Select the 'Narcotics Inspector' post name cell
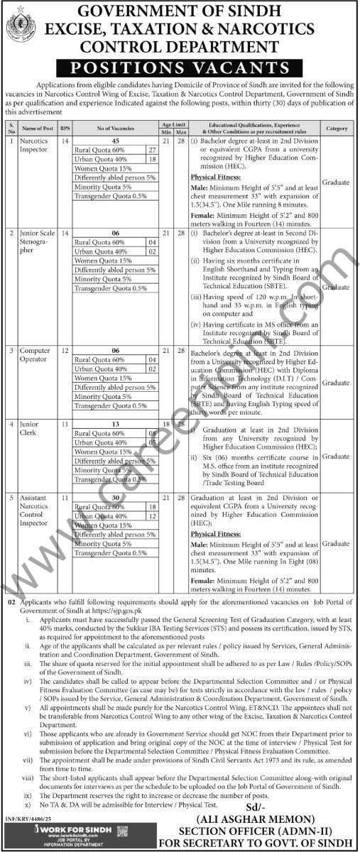tap(36, 146)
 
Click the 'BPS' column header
tap(65, 129)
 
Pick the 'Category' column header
tap(337, 129)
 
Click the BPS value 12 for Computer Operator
tap(65, 351)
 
